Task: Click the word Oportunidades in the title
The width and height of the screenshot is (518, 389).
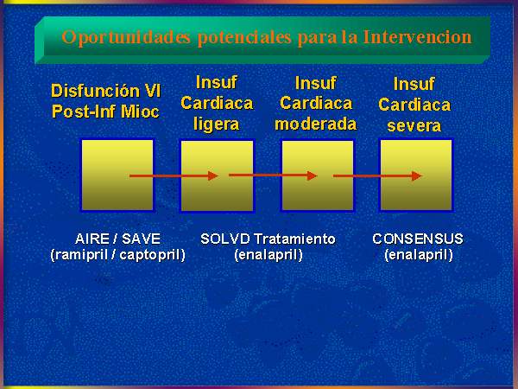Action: coord(126,38)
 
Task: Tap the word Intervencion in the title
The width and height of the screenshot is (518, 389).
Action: coord(417,36)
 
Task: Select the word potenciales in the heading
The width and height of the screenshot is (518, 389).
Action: coord(244,38)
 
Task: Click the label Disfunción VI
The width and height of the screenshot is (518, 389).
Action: coord(106,91)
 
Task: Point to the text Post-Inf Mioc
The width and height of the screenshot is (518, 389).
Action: coord(105,112)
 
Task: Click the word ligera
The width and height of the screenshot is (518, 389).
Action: coord(217,124)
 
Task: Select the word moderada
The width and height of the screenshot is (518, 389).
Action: coord(316,124)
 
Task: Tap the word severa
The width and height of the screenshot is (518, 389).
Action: coord(414,125)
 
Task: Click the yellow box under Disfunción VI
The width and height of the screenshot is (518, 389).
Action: coord(117,175)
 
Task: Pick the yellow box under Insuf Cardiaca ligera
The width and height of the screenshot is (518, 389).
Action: coord(217,175)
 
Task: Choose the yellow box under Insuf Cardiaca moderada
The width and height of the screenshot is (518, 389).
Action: coord(318,175)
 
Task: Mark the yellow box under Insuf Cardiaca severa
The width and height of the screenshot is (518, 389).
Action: coord(416,175)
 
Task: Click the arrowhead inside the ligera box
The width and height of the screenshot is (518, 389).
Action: coord(213,176)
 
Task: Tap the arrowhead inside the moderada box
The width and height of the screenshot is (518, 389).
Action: coord(313,175)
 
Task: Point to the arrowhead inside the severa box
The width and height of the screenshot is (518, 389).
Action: coord(417,176)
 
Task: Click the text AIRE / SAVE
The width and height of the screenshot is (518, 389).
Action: coord(118,239)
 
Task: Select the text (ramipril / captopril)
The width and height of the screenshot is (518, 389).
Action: coord(118,255)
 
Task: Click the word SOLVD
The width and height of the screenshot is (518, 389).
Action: coord(225,239)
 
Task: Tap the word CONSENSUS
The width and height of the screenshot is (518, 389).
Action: coord(418,239)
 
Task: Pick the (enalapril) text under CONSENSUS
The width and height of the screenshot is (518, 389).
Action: coord(419,255)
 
